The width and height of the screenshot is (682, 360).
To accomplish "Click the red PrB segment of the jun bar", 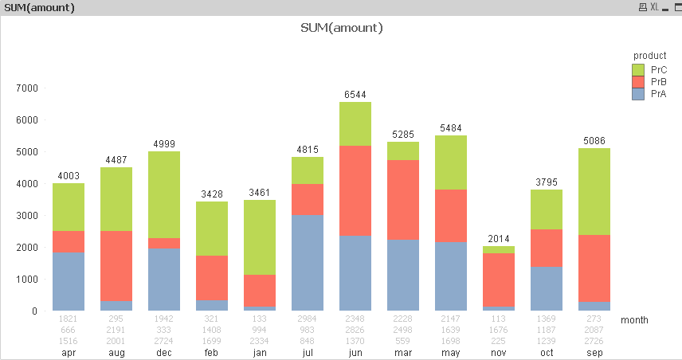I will click(355, 190).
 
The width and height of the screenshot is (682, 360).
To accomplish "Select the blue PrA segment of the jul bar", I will click(308, 262).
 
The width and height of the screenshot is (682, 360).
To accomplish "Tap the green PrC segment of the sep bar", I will click(594, 191).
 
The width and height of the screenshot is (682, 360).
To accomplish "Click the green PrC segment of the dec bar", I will click(164, 194).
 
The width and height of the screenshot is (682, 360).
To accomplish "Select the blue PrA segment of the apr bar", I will click(69, 281).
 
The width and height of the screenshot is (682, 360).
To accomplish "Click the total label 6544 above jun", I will click(355, 94).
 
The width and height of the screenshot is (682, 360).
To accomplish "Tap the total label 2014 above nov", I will click(499, 239).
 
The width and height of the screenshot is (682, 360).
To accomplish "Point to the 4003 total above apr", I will click(69, 176).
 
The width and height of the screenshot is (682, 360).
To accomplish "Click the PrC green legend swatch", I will click(637, 70).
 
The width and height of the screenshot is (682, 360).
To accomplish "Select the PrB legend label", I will click(659, 82).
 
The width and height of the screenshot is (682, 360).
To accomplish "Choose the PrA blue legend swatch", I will click(637, 94).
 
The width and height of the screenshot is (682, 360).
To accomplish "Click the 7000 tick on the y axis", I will click(27, 88).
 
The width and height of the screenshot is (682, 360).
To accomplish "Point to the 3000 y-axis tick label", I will click(27, 215).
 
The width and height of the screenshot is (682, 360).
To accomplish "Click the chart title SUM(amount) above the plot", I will click(342, 28).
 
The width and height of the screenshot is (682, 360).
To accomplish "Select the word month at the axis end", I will click(634, 320).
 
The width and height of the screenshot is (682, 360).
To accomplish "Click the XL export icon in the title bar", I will click(655, 7).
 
